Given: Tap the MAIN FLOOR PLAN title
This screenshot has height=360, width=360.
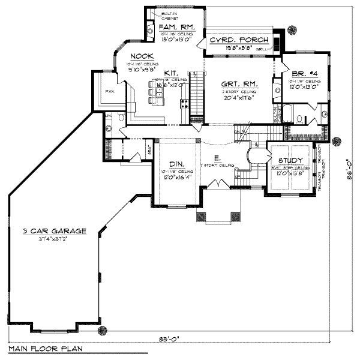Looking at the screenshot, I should click(x=44, y=348).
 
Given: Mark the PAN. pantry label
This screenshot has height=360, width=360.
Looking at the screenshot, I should click(x=109, y=92).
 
